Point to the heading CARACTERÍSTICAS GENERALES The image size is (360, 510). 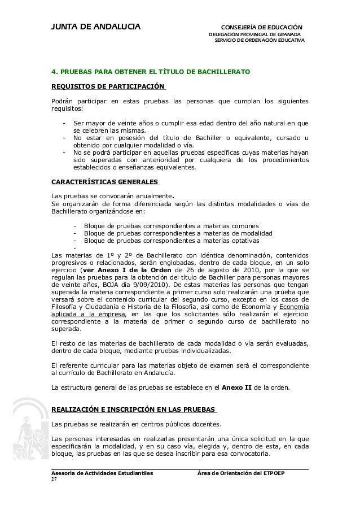[x=105, y=182]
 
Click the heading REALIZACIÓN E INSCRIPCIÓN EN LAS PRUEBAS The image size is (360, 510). [x=133, y=409]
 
